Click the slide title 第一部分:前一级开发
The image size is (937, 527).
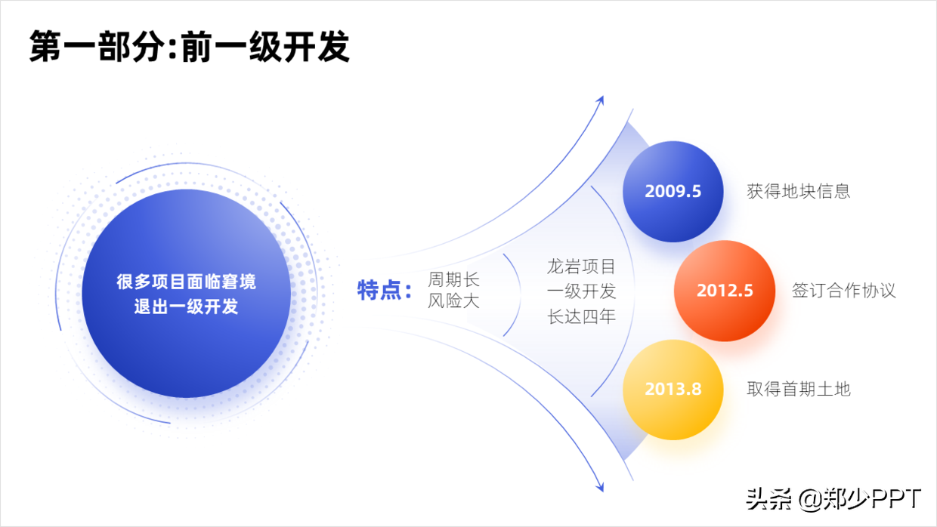click(x=189, y=46)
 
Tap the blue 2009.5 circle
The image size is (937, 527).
click(x=673, y=192)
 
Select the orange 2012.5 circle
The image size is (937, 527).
click(x=725, y=291)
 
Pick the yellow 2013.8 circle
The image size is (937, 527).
click(x=673, y=390)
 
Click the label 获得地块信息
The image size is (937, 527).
click(x=799, y=192)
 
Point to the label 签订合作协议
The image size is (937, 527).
click(x=844, y=291)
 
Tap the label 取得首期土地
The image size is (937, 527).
click(x=799, y=389)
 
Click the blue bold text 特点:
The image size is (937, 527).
click(x=385, y=291)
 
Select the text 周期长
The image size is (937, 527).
click(x=453, y=279)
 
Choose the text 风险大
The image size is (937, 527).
click(x=453, y=301)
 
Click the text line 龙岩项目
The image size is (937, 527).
click(x=581, y=267)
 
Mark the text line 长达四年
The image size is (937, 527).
click(x=581, y=317)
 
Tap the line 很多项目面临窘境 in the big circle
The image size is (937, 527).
click(x=186, y=282)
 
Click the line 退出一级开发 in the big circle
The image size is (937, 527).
click(x=186, y=307)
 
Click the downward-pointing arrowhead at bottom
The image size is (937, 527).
click(x=601, y=487)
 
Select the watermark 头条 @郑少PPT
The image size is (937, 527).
click(x=834, y=499)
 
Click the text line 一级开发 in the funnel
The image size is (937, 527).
click(x=581, y=291)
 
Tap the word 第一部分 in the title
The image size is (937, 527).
click(x=97, y=46)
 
